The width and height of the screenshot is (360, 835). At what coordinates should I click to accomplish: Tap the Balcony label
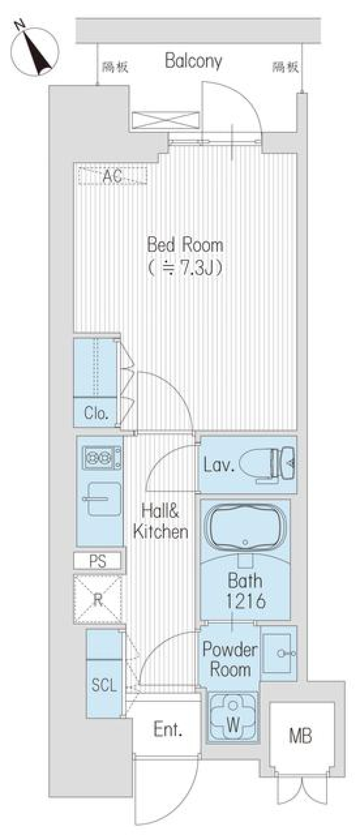pyautogui.click(x=193, y=61)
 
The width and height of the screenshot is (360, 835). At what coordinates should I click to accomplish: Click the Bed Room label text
pyautogui.click(x=185, y=245)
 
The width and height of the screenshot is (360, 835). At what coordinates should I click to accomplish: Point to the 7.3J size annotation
pyautogui.click(x=185, y=268)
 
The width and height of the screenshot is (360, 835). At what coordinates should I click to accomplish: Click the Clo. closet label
pyautogui.click(x=96, y=413)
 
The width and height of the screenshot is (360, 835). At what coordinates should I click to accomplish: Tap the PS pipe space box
pyautogui.click(x=98, y=561)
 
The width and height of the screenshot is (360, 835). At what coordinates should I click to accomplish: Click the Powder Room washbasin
pyautogui.click(x=278, y=653)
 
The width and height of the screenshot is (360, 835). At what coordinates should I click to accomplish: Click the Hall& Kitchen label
pyautogui.click(x=160, y=521)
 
